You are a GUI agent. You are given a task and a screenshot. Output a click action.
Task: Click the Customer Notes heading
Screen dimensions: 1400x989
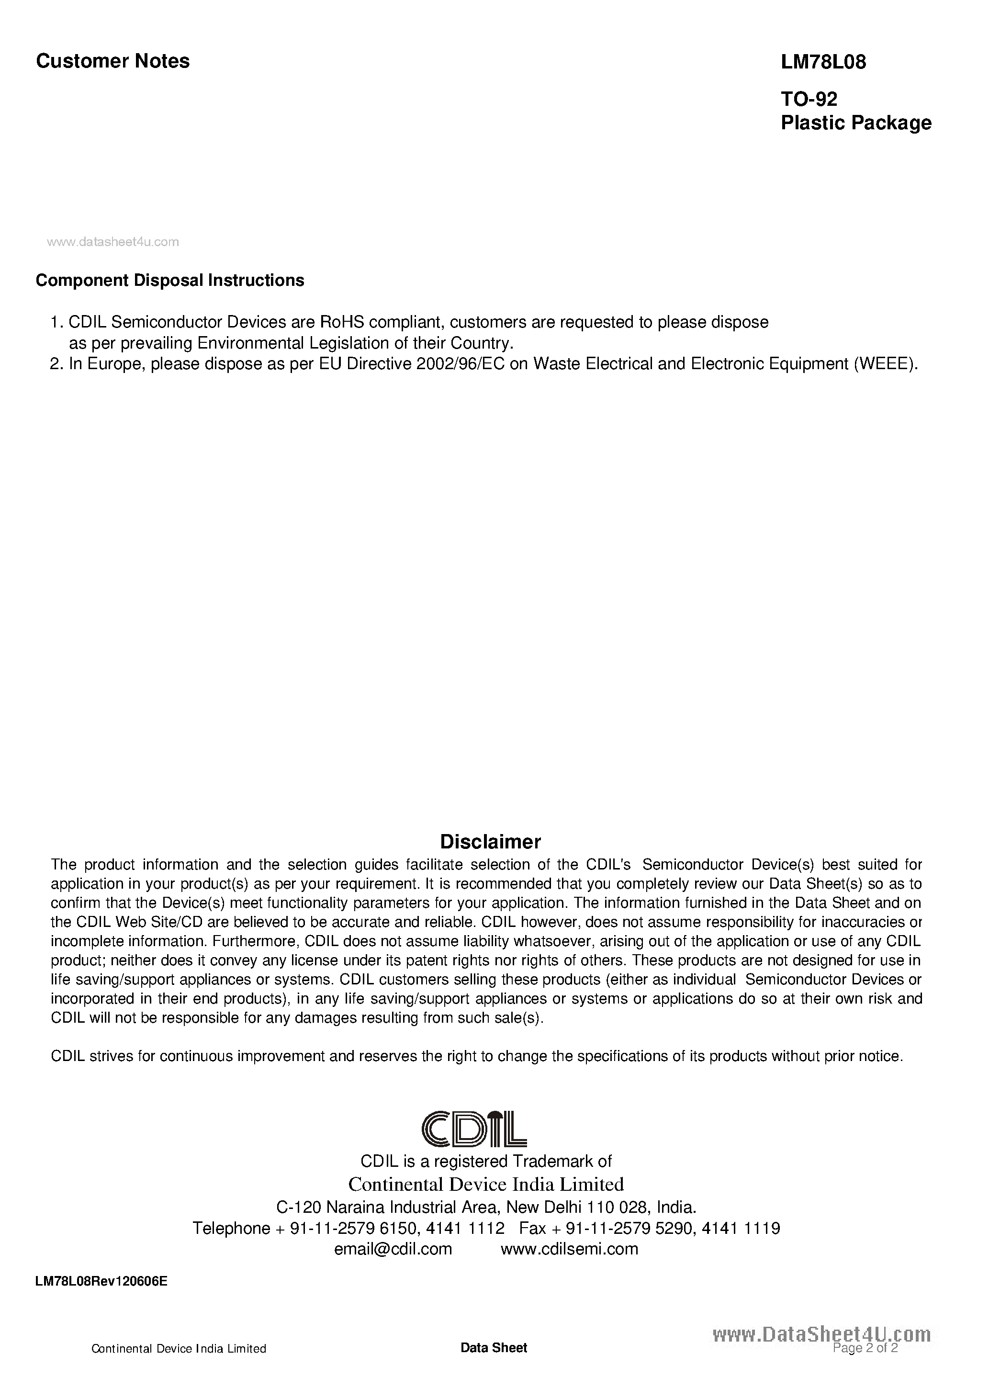tap(113, 61)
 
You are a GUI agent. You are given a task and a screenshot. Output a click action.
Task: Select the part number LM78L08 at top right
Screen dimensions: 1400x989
tap(823, 62)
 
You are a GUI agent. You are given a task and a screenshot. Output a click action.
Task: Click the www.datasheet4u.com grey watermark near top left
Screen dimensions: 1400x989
tap(113, 242)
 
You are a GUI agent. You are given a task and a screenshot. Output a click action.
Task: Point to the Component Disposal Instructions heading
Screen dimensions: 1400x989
tap(170, 281)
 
